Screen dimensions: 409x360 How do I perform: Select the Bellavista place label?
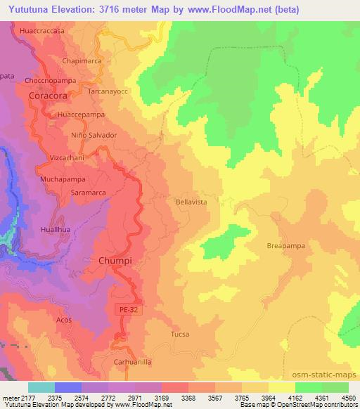191,202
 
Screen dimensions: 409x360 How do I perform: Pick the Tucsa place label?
181,334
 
